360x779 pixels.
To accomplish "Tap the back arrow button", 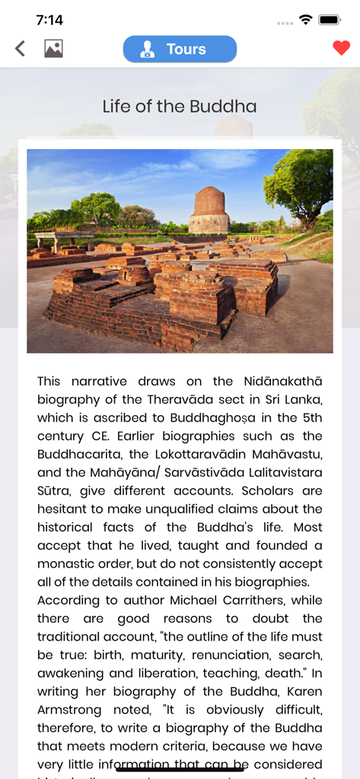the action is pyautogui.click(x=21, y=49).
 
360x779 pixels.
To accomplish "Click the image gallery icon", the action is pyautogui.click(x=53, y=49).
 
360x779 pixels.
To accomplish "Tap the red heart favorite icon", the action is pyautogui.click(x=341, y=49).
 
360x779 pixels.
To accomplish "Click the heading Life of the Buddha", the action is pyautogui.click(x=180, y=107).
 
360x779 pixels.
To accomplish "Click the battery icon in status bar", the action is pyautogui.click(x=330, y=20).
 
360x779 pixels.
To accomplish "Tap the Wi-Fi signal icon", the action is pyautogui.click(x=305, y=20).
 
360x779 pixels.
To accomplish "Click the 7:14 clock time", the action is pyautogui.click(x=49, y=20).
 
